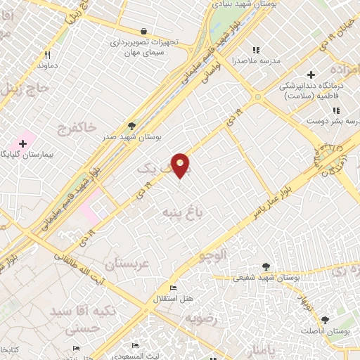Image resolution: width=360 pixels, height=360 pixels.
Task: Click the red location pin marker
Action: click(181, 165)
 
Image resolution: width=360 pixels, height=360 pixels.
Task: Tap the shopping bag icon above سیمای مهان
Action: click(144, 31)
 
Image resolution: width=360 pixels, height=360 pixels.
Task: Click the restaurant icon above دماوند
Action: click(48, 54)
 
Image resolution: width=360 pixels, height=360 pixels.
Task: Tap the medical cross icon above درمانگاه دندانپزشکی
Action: click(311, 75)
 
